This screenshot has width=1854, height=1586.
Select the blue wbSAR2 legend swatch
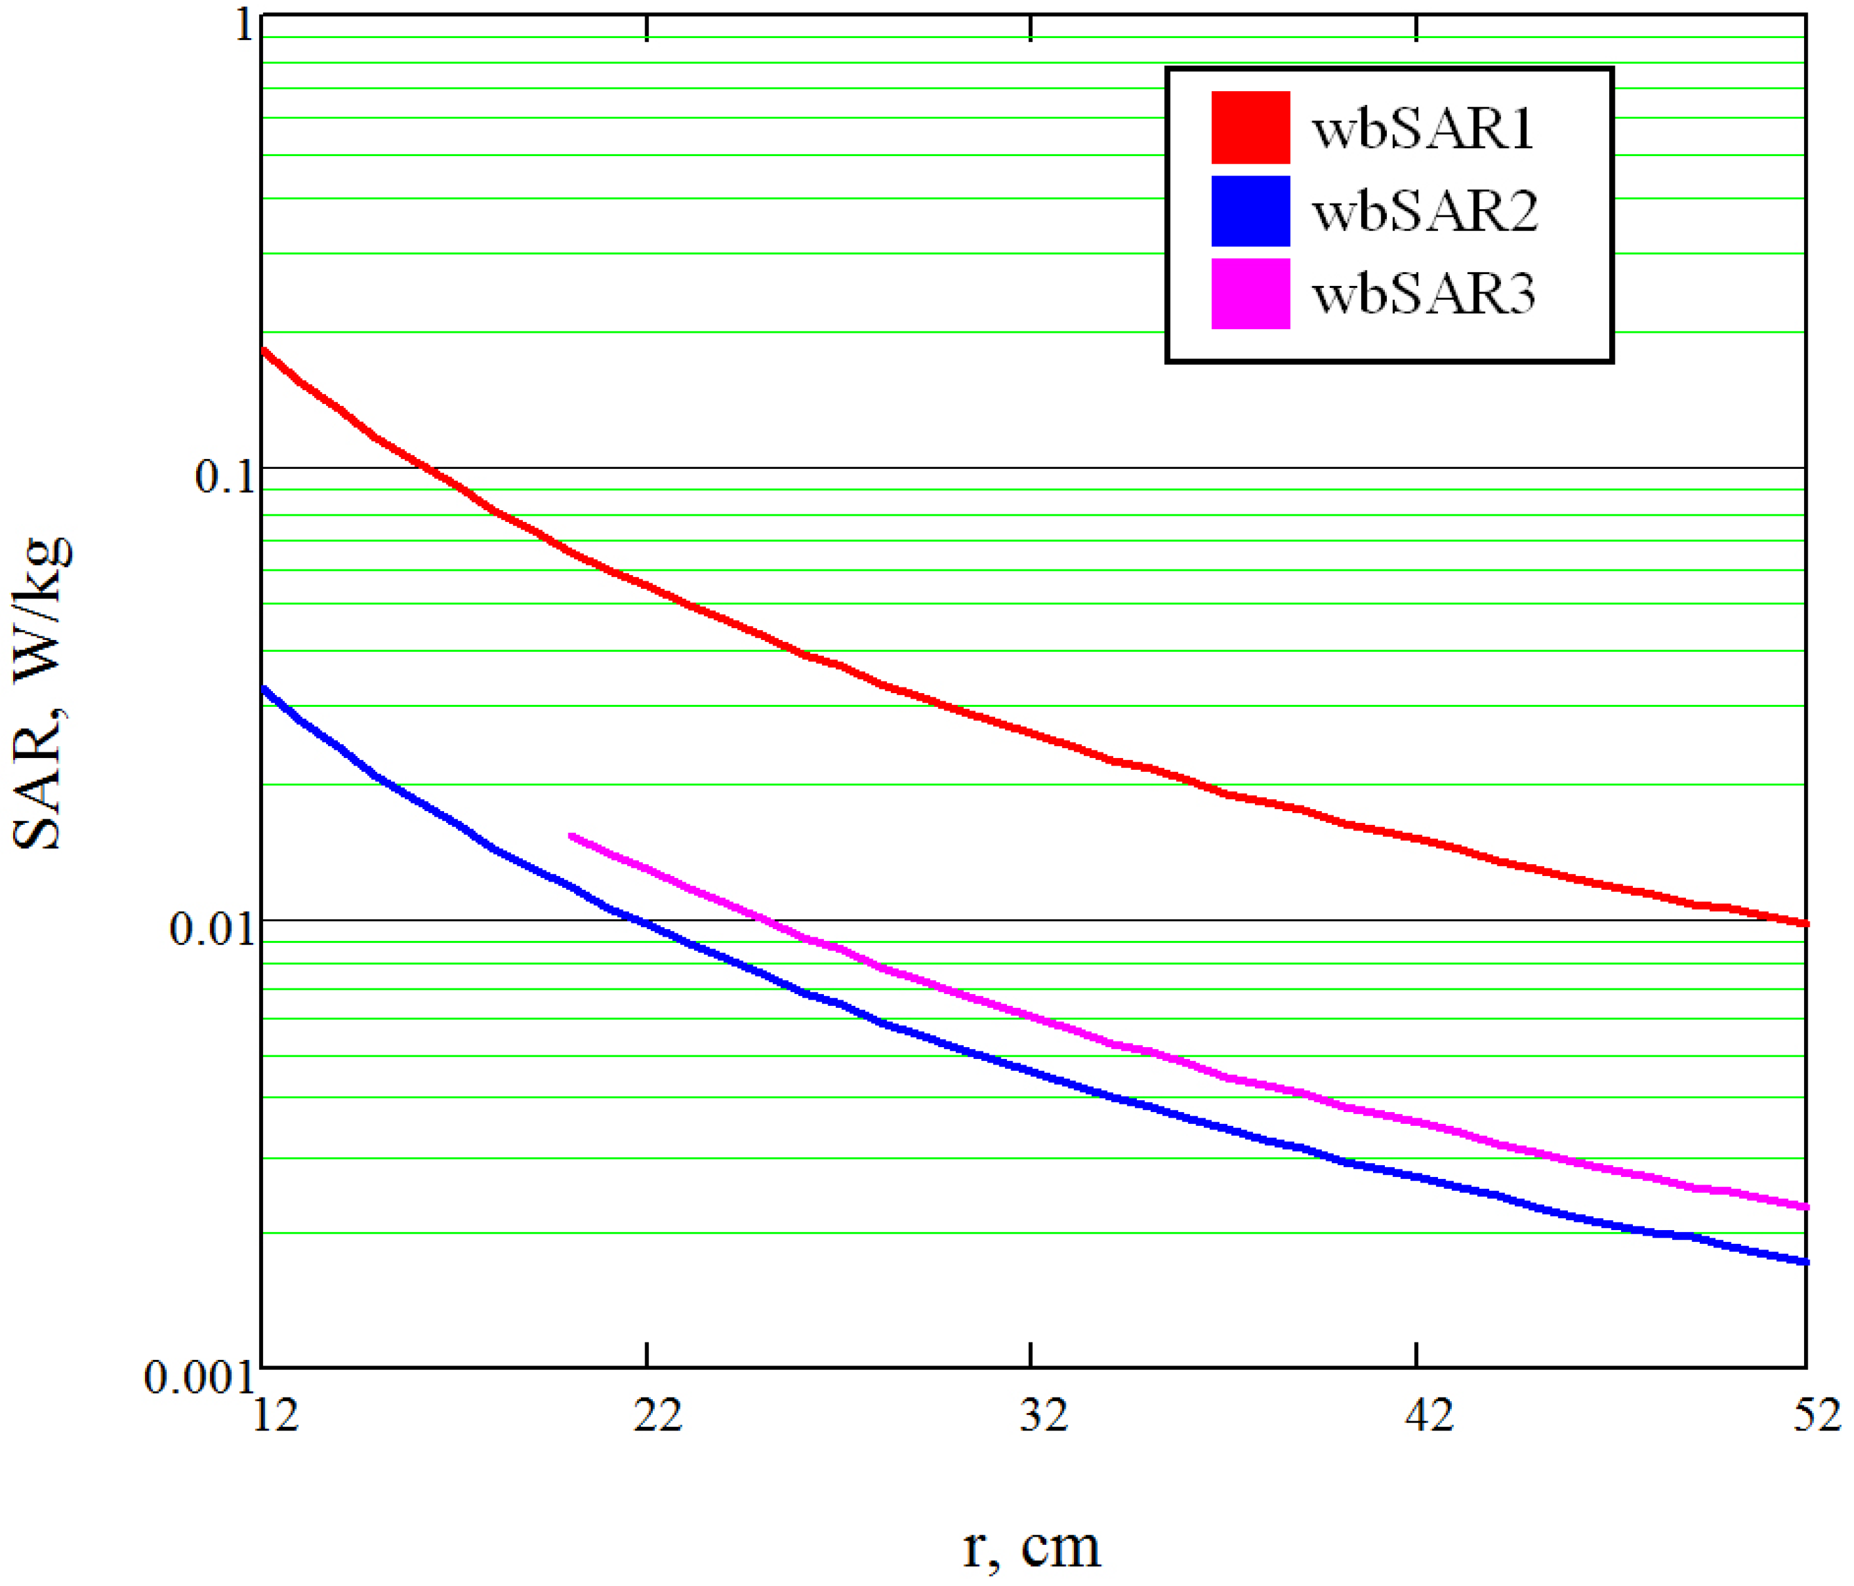pyautogui.click(x=1250, y=211)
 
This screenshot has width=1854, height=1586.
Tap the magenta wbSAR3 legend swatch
pyautogui.click(x=1250, y=293)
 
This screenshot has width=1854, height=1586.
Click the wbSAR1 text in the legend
pyautogui.click(x=1423, y=129)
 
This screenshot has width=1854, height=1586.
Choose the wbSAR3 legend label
pyautogui.click(x=1424, y=294)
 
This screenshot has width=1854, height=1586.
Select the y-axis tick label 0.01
pyautogui.click(x=211, y=928)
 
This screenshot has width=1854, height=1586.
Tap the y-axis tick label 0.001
pyautogui.click(x=199, y=1377)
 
